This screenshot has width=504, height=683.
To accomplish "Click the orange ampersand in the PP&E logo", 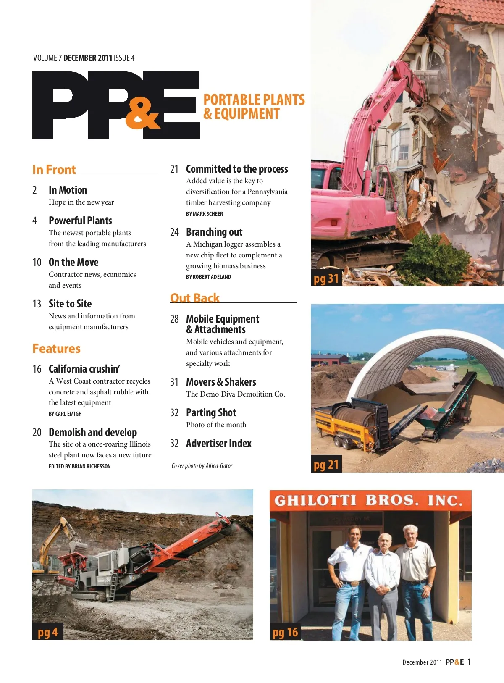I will tap(142, 113).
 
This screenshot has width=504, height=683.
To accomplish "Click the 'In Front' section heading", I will tap(54, 169).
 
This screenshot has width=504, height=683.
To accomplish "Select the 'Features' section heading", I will tap(56, 348).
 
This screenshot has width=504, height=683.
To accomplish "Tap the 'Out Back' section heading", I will tap(195, 298).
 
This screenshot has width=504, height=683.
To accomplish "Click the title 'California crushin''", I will tap(84, 369).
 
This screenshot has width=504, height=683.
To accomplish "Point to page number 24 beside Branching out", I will tap(174, 232).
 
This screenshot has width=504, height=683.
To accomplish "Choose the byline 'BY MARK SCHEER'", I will tap(205, 214).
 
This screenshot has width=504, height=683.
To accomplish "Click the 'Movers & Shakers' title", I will tap(221, 382).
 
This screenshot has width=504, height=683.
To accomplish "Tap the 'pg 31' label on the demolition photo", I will tap(326, 278).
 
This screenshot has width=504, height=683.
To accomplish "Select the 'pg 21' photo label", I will tap(326, 464).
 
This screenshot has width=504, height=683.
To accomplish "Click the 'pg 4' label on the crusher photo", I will tap(47, 632).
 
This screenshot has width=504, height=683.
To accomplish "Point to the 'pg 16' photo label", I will tap(285, 632).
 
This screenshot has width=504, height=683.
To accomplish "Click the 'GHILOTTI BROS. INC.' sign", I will tap(368, 500).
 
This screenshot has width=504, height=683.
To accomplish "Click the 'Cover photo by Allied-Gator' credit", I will tap(202, 466).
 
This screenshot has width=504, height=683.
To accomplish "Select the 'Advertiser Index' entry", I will tap(219, 443).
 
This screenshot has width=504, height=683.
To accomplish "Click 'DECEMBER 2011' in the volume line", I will tap(88, 58).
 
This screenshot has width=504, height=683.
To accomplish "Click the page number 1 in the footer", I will tap(469, 662).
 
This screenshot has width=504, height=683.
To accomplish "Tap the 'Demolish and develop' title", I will tap(93, 432).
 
